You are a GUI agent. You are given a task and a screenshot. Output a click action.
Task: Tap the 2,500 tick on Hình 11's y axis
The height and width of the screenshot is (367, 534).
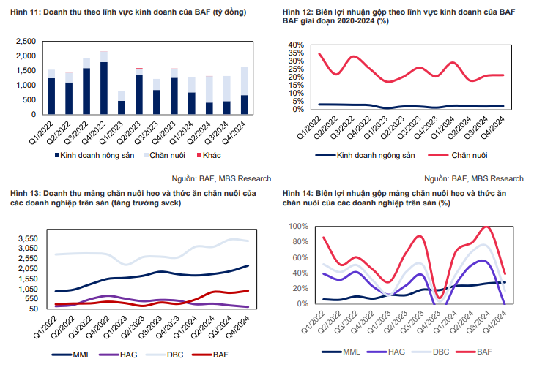(24, 42)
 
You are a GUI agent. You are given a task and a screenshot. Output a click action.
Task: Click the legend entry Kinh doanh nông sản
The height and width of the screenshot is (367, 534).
(93, 156)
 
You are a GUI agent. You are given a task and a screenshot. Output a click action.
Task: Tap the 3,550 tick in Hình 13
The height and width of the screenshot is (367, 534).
(26, 238)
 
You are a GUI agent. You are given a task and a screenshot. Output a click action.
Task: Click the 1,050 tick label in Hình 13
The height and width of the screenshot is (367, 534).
(26, 289)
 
